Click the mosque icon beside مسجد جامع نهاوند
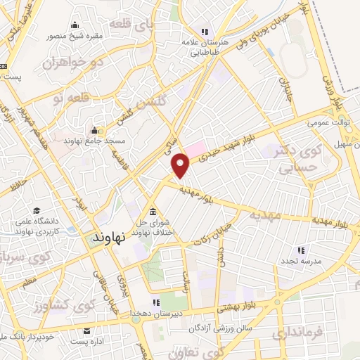(x=95, y=130)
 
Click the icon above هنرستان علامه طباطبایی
(x=205, y=32)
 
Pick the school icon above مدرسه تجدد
(x=301, y=250)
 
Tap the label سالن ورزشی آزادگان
(x=219, y=328)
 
